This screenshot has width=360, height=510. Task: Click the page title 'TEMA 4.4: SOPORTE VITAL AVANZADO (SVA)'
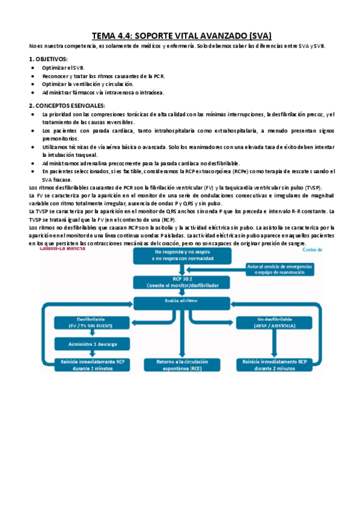(181, 35)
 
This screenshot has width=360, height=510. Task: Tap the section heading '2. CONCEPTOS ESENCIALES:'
(67, 105)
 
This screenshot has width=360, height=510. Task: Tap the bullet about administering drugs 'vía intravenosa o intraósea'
(103, 93)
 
